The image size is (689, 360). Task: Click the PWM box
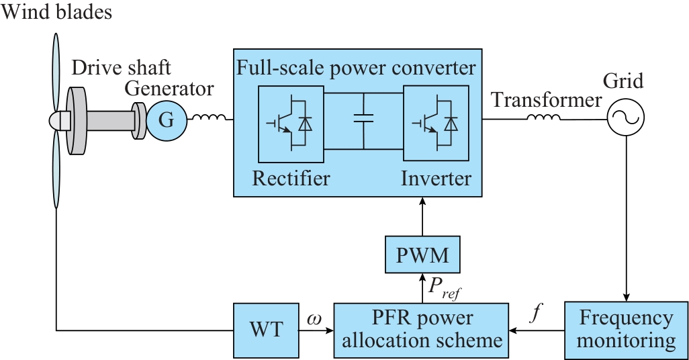pos(422,256)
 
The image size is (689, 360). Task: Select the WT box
pos(265,330)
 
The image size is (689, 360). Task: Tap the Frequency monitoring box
pos(626,330)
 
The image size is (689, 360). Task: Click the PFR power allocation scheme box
pos(422,330)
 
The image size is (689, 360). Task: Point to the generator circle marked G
pos(165,121)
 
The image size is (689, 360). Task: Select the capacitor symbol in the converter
pos(363,120)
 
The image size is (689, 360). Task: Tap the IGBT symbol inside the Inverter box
pos(436,124)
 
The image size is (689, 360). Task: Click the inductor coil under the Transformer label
pos(543,119)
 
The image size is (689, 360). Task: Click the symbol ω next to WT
pos(314,317)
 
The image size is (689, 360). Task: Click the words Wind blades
pos(57,11)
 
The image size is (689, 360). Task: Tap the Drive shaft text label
pos(121,68)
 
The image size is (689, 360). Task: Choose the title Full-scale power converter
pos(357,68)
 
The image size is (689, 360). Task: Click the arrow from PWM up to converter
pos(422,218)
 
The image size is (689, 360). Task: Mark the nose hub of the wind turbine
pos(58,121)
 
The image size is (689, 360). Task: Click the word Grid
pos(623,81)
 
